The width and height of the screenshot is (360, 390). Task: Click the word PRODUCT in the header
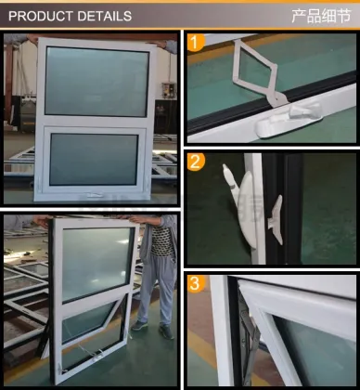point(37,16)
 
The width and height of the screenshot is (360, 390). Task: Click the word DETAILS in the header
point(100,16)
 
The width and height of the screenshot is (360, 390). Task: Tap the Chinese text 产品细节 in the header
point(321,16)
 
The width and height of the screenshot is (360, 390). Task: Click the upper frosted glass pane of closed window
point(96,82)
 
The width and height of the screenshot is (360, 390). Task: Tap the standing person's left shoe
point(139,327)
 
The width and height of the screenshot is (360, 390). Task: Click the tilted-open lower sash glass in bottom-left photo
point(93,320)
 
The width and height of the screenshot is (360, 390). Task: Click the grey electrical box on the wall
point(168,89)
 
